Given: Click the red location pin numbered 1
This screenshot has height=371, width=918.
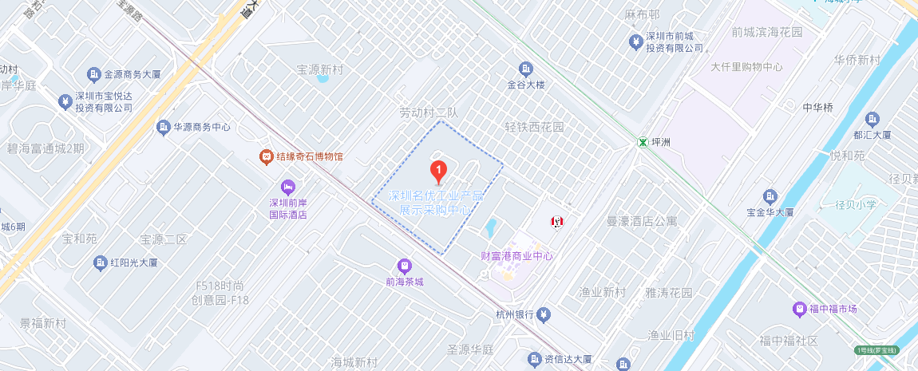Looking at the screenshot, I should [438, 170].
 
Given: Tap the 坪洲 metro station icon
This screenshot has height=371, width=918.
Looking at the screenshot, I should [642, 142].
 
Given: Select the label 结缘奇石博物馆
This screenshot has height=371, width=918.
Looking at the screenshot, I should [310, 156].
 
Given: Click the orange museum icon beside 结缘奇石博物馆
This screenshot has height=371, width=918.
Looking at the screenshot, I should [266, 156].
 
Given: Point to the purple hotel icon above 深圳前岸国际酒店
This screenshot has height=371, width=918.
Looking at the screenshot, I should [288, 187].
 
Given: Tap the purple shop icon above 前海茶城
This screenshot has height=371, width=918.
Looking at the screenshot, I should [404, 265].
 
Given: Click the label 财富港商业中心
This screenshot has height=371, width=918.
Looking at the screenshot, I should [516, 256].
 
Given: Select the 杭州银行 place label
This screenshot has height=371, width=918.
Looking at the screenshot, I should [515, 314].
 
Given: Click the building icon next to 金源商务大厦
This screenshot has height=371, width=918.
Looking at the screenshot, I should [94, 74].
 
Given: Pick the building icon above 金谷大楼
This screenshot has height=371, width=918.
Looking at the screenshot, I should [525, 69].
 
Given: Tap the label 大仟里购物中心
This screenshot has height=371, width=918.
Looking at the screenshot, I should [746, 67].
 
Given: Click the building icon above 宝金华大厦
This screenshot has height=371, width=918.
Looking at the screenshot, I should [770, 196].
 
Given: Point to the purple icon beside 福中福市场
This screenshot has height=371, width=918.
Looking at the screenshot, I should [799, 309].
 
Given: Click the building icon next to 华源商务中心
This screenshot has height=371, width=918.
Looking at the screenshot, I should [164, 127].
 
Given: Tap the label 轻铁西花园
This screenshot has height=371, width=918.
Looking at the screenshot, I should [534, 127].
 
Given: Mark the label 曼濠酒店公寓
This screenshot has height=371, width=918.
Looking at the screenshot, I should [643, 221].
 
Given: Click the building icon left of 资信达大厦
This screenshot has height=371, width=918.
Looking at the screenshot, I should [535, 358].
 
